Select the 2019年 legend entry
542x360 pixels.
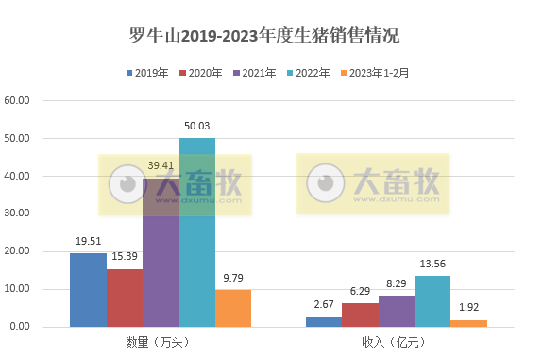coord(145,73)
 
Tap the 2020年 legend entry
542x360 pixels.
coord(200,73)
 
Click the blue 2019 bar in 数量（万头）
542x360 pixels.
coord(88,290)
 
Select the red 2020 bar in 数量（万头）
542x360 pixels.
coord(125,298)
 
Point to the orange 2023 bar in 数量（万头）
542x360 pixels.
coord(233,308)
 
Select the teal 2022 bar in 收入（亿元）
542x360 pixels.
coord(432,301)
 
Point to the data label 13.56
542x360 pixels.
coord(432,265)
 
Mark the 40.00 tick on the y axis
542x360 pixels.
coord(19,176)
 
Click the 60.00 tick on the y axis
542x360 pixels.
coord(19,100)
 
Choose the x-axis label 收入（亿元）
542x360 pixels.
coord(396,340)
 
